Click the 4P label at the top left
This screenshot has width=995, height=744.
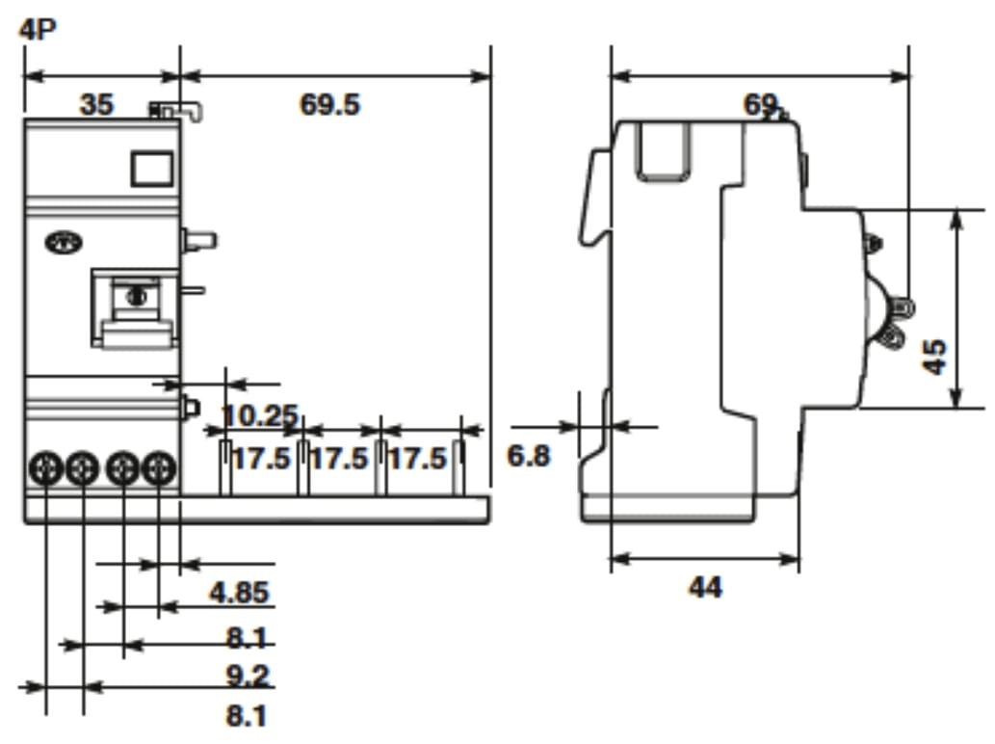coord(38,28)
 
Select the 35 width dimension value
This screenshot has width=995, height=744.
coord(96,104)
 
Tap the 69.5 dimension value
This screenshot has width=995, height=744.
coord(329,104)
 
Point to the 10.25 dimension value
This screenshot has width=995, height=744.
coord(260,415)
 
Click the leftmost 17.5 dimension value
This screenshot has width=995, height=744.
coord(260,458)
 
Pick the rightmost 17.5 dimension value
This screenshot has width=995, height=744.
coord(417,458)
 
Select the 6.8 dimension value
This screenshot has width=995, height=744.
coord(529,456)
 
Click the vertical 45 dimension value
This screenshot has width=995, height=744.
coord(933,357)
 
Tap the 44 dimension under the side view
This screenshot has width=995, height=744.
coord(705,587)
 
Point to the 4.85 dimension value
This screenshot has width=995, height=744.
coord(239,592)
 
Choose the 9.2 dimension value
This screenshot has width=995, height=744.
coord(248,676)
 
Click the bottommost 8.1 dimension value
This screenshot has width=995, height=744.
coord(248,716)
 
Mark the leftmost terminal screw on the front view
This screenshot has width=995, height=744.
coord(46,470)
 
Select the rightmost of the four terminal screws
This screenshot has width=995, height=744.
coord(159,470)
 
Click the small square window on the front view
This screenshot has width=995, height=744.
coord(149,168)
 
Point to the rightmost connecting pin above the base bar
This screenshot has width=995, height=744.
coord(460,468)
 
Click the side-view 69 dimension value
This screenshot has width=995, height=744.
coord(760,104)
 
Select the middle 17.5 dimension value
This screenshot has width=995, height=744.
coord(339,458)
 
